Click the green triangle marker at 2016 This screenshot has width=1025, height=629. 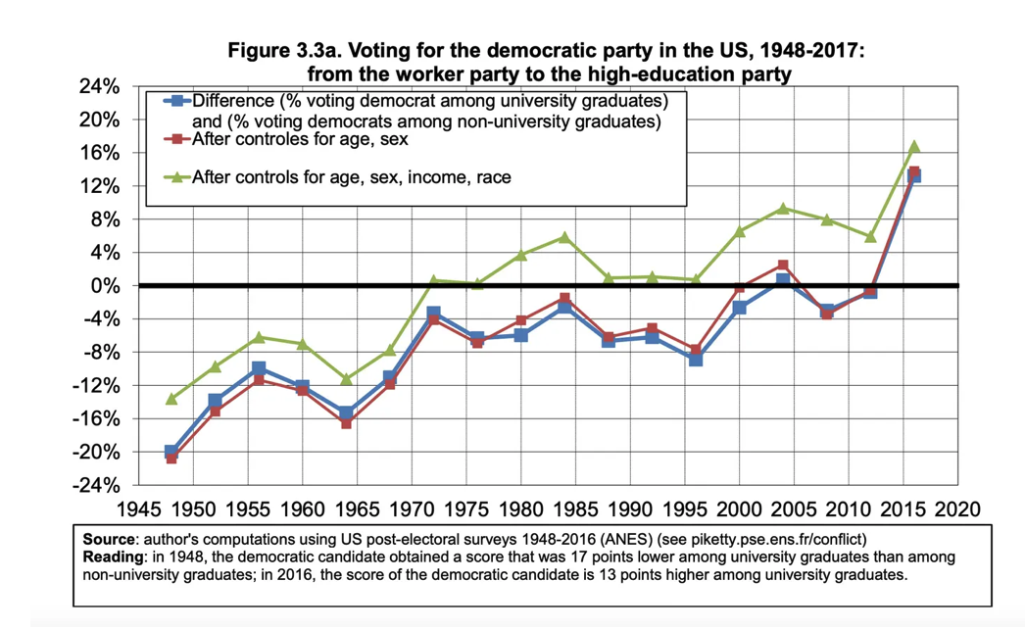point(914,146)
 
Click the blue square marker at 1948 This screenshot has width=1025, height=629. point(171,452)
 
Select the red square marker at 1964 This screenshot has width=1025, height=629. point(346,422)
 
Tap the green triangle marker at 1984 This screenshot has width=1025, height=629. point(564,237)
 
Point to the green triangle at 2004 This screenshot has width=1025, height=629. point(783,208)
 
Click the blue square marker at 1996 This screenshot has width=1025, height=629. point(696,360)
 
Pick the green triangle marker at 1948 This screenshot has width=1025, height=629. point(171,399)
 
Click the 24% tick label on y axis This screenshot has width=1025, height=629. point(99,87)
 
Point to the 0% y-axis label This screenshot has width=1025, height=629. point(105,286)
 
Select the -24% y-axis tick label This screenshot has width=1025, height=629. point(96,486)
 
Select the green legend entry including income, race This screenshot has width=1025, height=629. point(351,177)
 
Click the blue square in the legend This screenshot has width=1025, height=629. point(177,102)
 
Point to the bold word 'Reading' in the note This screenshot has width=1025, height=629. point(111,556)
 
